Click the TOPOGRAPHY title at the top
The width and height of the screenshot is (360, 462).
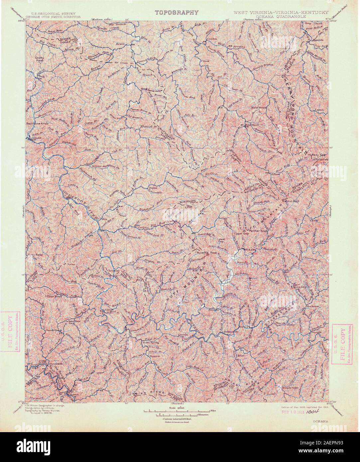pos(177,13)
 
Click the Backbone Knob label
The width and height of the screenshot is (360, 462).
pos(37,123)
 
